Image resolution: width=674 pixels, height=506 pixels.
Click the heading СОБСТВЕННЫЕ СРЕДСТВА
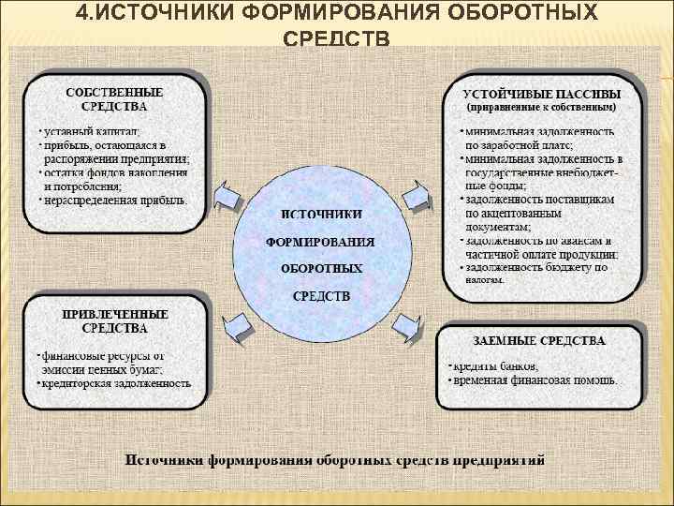(113, 99)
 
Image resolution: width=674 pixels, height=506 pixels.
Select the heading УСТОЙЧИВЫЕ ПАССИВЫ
(542, 94)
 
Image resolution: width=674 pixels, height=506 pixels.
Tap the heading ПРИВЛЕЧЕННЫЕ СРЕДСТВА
(114, 321)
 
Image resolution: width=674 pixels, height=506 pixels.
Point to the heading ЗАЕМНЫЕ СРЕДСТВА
(540, 341)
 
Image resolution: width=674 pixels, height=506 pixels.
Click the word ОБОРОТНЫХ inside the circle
(321, 268)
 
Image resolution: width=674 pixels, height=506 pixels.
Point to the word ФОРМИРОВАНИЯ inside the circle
(321, 242)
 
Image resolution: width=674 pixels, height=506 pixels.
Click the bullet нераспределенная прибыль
(115, 200)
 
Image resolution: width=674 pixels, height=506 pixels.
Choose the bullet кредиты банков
(494, 365)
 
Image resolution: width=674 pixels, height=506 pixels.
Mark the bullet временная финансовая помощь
(535, 380)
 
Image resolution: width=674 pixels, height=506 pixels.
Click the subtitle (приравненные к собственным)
(542, 108)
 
